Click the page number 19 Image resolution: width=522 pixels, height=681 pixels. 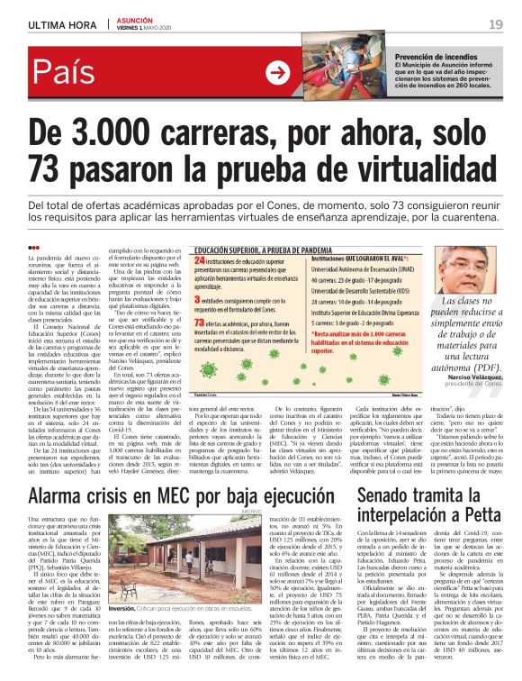point(496,23)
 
